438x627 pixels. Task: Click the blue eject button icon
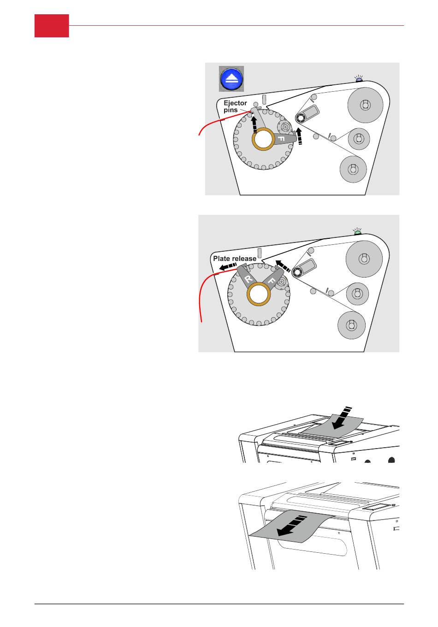[231, 79]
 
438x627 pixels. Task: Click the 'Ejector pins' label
[235, 106]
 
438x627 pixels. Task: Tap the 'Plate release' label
[234, 259]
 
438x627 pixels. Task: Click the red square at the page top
[52, 26]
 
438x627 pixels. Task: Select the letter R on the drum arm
[249, 279]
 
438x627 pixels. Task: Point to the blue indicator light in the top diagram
[359, 80]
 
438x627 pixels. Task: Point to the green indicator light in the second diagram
[357, 233]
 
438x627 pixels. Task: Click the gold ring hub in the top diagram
[263, 139]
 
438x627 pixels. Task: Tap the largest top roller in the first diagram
[365, 105]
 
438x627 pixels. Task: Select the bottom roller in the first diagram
[353, 169]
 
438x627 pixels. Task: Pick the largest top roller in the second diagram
[364, 259]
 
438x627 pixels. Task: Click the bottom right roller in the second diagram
[351, 325]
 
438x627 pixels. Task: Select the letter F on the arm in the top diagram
[281, 139]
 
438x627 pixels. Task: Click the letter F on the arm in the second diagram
[272, 280]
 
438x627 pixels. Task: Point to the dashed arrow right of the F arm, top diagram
[300, 136]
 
